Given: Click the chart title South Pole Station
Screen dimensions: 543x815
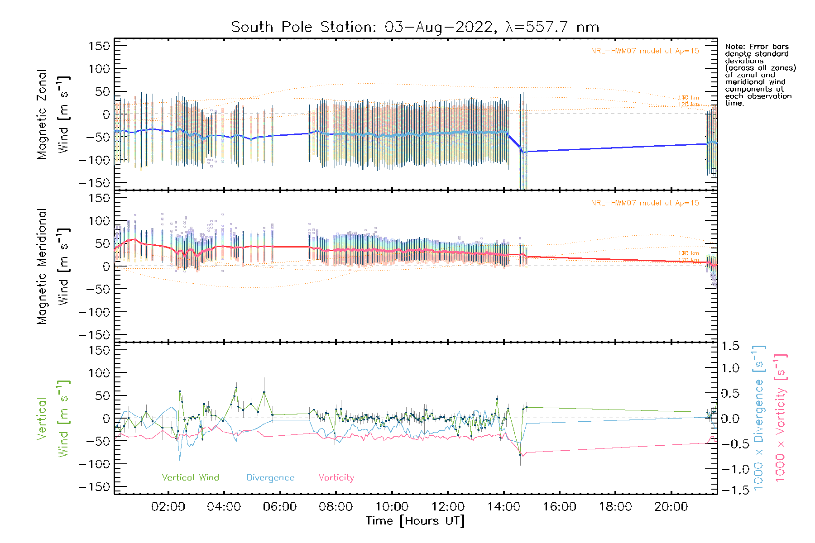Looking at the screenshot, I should [415, 27].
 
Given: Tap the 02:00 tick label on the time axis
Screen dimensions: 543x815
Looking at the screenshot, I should [168, 507].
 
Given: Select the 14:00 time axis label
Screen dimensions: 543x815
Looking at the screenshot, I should [503, 507].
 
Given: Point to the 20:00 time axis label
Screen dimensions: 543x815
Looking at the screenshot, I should [671, 507].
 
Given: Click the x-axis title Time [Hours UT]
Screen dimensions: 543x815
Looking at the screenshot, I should [415, 521].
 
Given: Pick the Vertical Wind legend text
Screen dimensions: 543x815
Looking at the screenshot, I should [190, 477].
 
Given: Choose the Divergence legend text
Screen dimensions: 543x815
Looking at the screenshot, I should [270, 477].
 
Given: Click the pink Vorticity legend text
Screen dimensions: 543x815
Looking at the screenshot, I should [336, 477].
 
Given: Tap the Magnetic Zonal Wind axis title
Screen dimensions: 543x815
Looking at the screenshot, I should [53, 114].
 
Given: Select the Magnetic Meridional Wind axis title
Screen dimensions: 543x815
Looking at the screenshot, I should [53, 267].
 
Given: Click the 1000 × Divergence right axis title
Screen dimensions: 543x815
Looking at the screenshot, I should [758, 417].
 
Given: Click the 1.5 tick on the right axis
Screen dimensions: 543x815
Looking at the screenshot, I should [730, 346].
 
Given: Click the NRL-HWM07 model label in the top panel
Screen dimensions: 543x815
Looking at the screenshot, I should [645, 51].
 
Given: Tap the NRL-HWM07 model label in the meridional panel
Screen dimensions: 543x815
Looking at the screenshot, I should [645, 203].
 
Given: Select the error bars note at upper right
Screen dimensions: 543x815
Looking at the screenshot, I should [760, 75].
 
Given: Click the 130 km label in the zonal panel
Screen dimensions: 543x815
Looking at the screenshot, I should [688, 97].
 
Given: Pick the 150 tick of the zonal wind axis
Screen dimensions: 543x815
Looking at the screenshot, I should [99, 46].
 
